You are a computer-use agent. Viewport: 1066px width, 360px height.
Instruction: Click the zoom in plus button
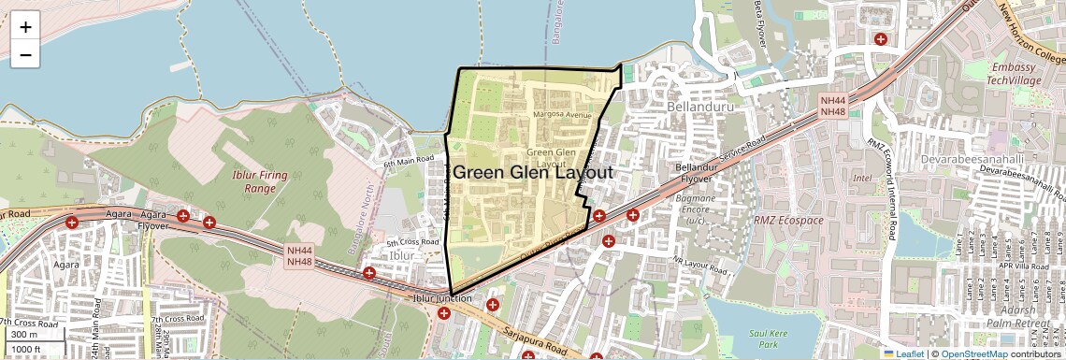click(x=25, y=27)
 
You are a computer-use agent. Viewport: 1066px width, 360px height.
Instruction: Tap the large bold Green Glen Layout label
click(x=532, y=173)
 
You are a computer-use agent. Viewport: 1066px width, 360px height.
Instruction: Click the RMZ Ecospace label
click(x=788, y=221)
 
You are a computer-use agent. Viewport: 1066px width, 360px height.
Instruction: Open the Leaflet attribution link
click(x=902, y=353)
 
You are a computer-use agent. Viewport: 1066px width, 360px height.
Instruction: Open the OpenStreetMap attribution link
click(x=973, y=353)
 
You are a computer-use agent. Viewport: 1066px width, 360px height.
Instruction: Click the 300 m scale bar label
click(x=25, y=335)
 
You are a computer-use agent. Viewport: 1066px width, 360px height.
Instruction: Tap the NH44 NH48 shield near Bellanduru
click(x=832, y=106)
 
